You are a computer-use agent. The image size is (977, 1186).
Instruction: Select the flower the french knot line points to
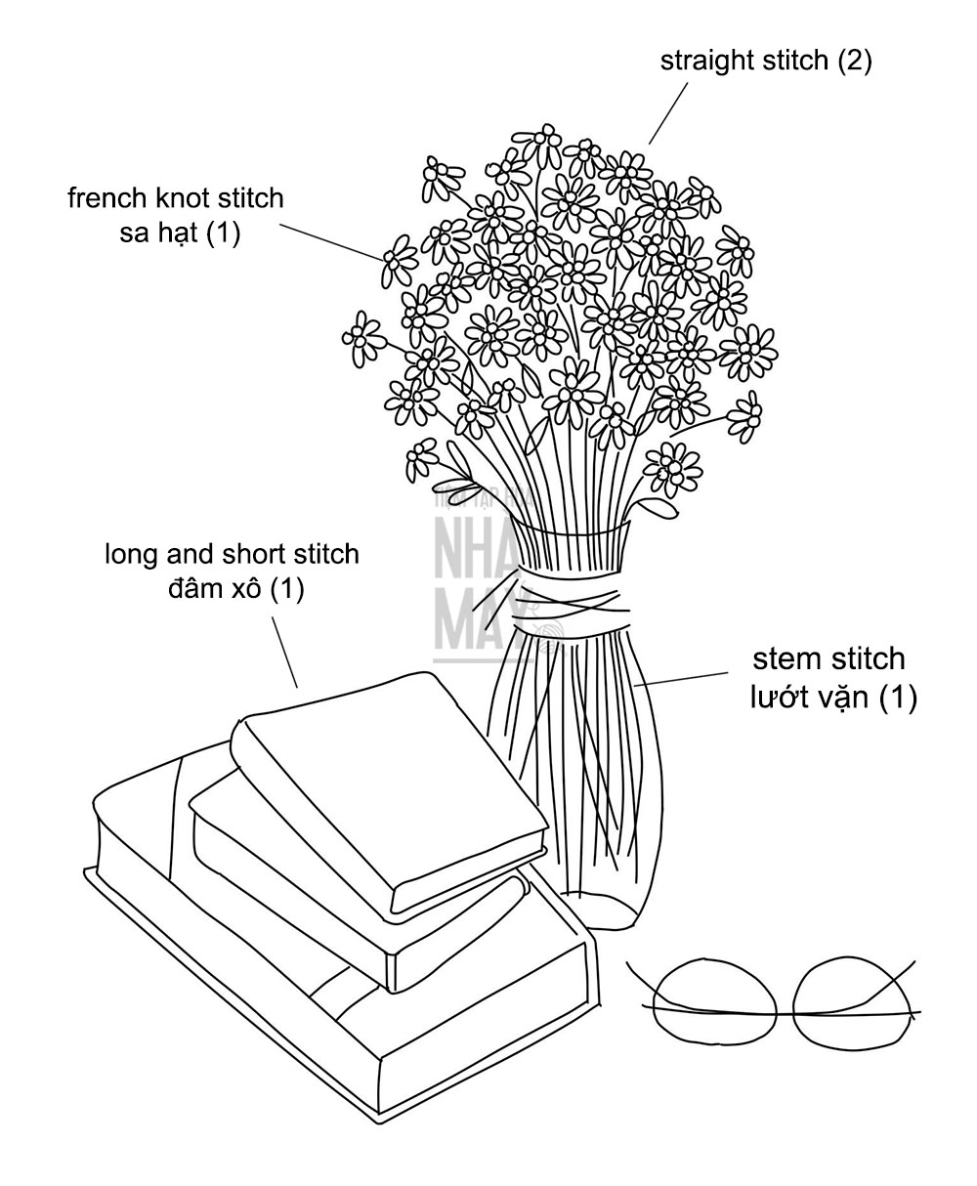[x=398, y=259]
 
